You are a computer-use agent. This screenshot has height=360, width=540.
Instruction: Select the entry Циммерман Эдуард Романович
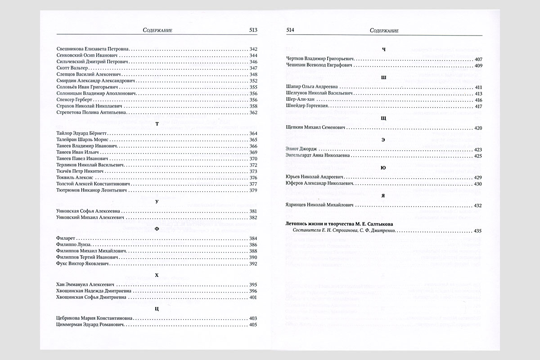click(x=90, y=324)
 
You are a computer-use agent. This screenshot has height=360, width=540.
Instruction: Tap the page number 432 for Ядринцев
click(x=478, y=205)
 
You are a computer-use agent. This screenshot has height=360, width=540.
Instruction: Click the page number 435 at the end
click(x=478, y=231)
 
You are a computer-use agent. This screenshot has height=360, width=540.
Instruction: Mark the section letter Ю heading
click(x=383, y=167)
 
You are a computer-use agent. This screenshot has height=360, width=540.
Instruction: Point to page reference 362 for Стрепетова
click(x=252, y=112)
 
